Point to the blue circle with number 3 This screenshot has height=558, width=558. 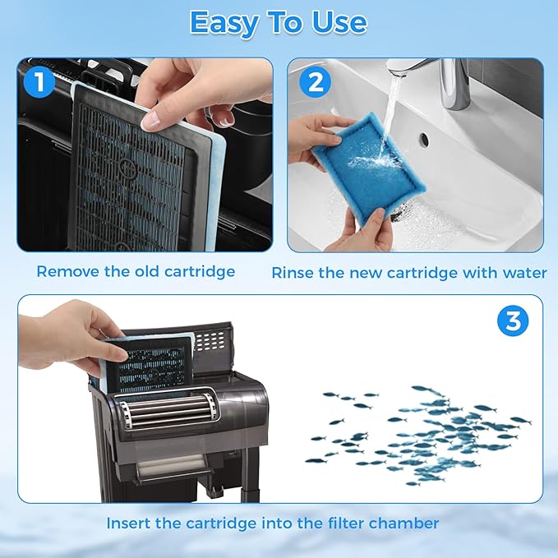pyautogui.click(x=512, y=321)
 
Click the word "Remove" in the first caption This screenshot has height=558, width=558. pyautogui.click(x=66, y=271)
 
